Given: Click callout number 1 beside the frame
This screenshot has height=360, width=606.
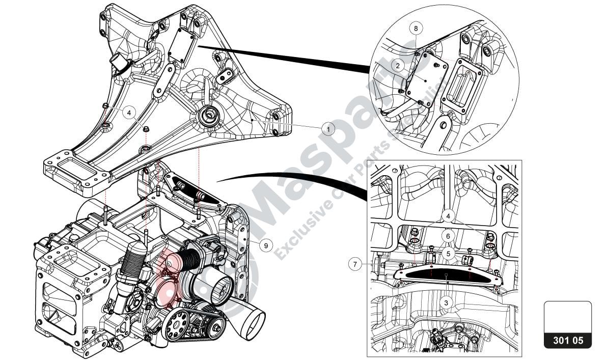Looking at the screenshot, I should [328, 129].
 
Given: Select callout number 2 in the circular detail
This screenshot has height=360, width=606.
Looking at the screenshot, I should [399, 65].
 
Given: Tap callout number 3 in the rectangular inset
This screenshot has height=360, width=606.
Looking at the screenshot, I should [446, 302].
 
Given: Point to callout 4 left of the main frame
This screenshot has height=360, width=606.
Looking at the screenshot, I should [129, 113].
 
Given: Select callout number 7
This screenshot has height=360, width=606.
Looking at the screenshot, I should [356, 264].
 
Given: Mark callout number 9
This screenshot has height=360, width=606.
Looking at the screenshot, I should [265, 245].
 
